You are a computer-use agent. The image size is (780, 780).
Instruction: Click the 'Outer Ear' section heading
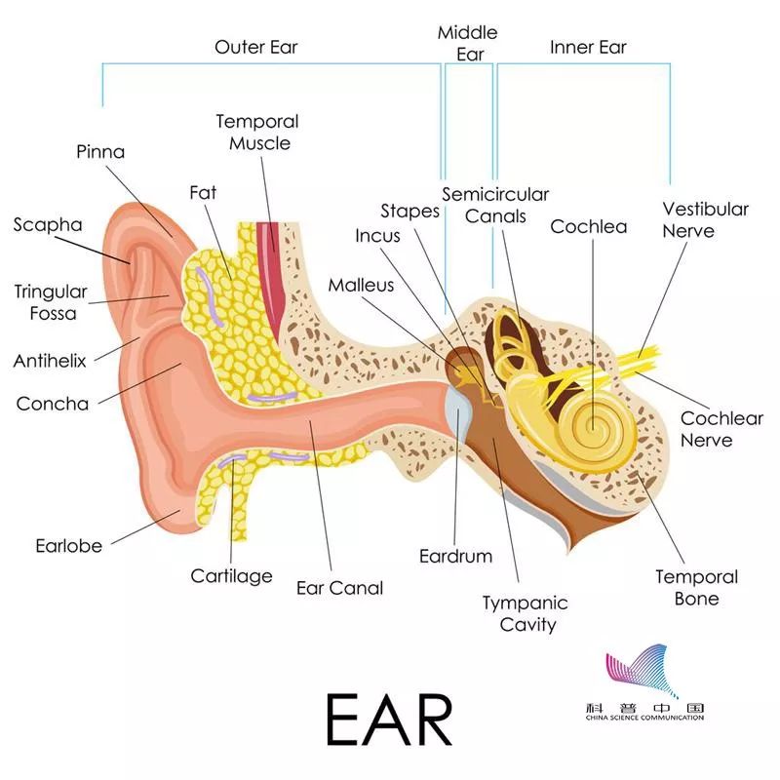(255, 47)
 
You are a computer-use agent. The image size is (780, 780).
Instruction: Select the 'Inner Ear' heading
(588, 47)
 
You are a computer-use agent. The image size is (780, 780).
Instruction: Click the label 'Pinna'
(100, 152)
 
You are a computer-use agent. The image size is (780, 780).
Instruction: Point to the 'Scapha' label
(48, 225)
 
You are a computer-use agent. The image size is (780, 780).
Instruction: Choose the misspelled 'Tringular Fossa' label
(51, 302)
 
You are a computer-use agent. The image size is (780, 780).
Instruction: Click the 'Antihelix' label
(50, 361)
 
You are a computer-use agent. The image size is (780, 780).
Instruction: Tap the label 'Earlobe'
(68, 546)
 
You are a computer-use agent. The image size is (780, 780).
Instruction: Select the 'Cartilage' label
(231, 576)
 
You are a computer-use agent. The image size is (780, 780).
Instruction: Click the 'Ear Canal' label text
(339, 588)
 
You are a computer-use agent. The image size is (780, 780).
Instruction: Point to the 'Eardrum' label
(455, 557)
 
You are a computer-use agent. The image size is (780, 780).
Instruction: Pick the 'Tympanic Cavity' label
(525, 613)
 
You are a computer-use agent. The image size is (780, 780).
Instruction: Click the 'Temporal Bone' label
(696, 588)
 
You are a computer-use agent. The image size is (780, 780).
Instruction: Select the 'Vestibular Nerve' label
(706, 219)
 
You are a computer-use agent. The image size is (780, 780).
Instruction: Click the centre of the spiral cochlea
(592, 425)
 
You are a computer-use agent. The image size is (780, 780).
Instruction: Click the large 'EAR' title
(390, 719)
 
